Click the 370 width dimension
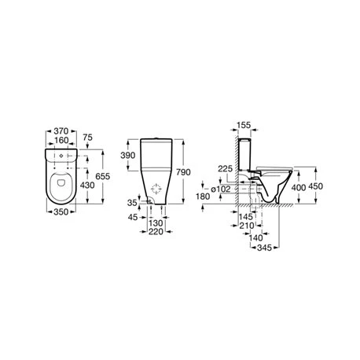point(61,131)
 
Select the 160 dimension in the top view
point(61,141)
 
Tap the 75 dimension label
point(87,138)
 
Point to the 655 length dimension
point(103,176)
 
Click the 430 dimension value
point(87,186)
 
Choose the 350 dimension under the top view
point(61,211)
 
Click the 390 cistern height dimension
point(128,156)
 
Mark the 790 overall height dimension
point(183,172)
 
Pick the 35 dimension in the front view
point(132,203)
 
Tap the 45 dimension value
point(133,217)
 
